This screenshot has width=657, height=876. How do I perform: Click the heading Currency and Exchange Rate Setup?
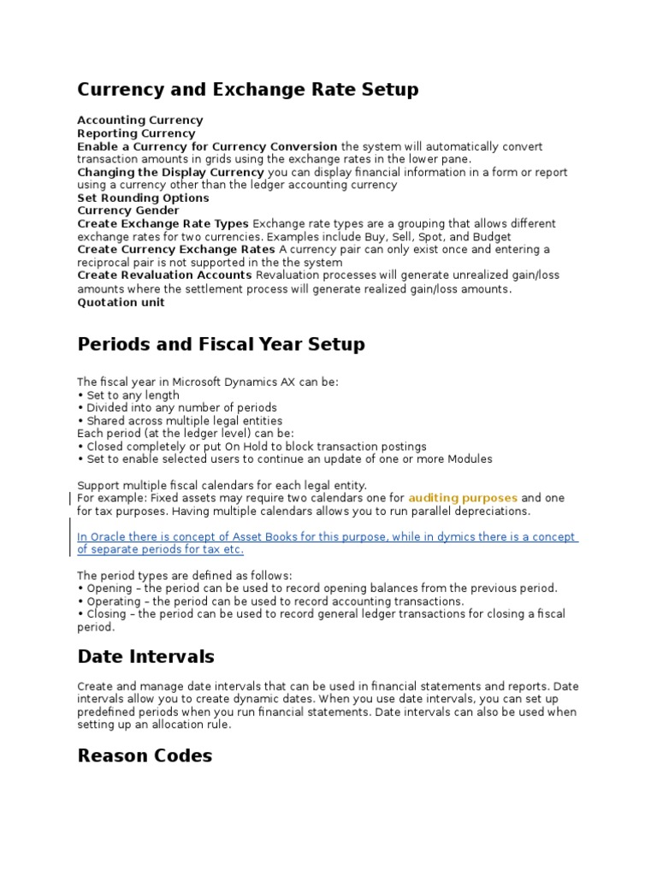point(248,90)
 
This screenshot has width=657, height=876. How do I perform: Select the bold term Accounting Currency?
point(140,121)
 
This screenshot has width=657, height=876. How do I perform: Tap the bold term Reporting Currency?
point(136,133)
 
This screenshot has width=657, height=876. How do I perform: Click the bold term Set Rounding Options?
point(143,198)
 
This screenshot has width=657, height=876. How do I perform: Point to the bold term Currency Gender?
point(128,210)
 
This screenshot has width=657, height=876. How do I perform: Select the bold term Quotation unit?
point(121,302)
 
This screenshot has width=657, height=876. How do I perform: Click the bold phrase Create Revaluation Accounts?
point(164,275)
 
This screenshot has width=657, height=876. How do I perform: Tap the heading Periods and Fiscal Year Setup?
point(221,345)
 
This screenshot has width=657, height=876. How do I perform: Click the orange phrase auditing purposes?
point(463,498)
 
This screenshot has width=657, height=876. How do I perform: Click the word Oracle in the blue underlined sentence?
point(107,537)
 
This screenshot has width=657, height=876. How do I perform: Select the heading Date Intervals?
point(145,657)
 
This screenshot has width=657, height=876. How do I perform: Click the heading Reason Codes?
point(145,755)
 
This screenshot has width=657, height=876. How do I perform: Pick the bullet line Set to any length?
point(133,395)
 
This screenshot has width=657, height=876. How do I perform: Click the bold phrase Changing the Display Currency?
point(170,172)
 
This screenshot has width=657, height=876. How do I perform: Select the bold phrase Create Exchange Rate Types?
point(163,223)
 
